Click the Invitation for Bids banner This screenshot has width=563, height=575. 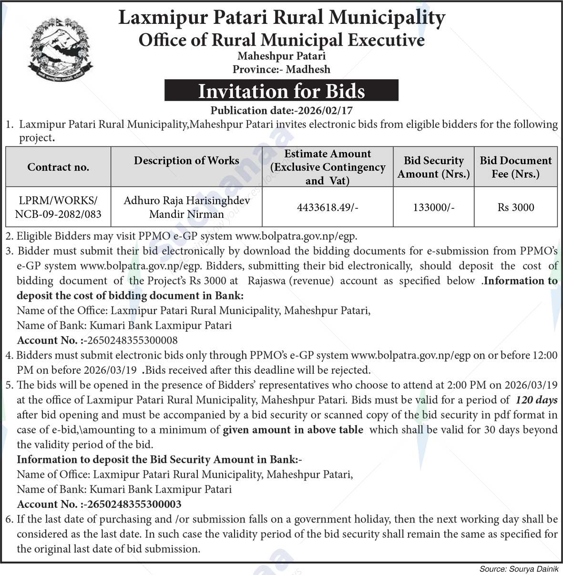(281, 91)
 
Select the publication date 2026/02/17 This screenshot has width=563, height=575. (324, 111)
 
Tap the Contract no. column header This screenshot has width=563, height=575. (58, 167)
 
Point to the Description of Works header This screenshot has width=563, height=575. (186, 161)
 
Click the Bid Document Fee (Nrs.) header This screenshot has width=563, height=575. (515, 167)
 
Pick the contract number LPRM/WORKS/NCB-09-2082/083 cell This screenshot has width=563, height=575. (58, 207)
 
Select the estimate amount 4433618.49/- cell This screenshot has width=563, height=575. (328, 207)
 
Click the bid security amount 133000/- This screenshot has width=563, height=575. (433, 207)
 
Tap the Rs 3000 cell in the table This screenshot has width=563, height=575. (515, 207)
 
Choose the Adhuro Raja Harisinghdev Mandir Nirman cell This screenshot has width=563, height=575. (186, 207)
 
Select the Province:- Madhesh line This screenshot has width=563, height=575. (281, 70)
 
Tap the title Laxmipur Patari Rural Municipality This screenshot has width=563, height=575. (281, 18)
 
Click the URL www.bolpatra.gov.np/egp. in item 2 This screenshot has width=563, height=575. (296, 236)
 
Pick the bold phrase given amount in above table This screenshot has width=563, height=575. (293, 430)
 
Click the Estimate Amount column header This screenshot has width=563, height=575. (328, 167)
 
